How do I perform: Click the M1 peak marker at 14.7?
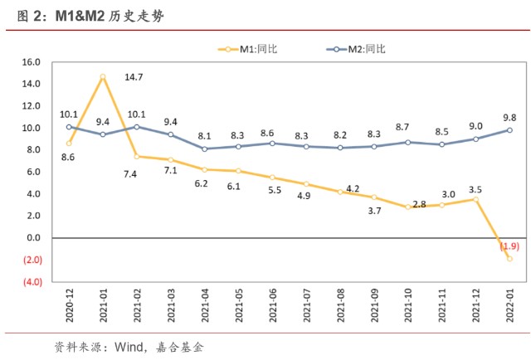click(x=103, y=76)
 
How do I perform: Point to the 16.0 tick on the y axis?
click(x=32, y=62)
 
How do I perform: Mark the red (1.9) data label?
click(x=509, y=246)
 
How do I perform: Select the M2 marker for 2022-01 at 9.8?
click(x=509, y=130)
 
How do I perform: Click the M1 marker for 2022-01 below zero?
click(x=509, y=259)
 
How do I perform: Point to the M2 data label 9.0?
click(x=475, y=126)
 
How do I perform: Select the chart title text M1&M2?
click(x=78, y=15)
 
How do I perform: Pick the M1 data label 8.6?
click(x=68, y=156)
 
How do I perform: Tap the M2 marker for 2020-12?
click(x=69, y=127)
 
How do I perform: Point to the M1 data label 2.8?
click(x=418, y=204)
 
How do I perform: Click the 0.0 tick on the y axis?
click(x=33, y=238)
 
